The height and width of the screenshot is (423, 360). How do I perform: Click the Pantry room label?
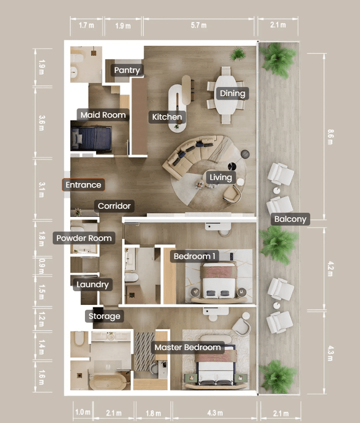[x=127, y=70]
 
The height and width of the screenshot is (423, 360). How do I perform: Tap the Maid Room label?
[x=103, y=115]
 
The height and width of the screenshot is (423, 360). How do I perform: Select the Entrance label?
[x=83, y=185]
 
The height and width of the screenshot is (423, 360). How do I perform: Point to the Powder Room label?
[x=84, y=238]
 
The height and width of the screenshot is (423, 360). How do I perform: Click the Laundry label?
[x=93, y=285]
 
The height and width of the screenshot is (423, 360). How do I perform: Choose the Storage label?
[x=105, y=316]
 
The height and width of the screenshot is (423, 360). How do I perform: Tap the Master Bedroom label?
[x=188, y=347]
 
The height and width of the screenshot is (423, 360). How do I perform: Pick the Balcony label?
[x=290, y=219]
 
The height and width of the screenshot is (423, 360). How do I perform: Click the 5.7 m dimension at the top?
[x=199, y=25]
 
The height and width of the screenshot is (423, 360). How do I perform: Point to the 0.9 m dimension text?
[x=41, y=266]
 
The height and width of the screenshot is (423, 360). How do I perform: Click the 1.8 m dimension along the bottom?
[x=153, y=413]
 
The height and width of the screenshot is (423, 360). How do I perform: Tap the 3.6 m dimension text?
[x=41, y=123]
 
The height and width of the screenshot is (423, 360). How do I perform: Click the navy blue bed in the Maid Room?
[x=91, y=138]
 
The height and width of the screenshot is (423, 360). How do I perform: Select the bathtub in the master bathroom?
[x=108, y=381]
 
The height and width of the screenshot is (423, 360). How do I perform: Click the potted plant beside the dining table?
[x=238, y=54]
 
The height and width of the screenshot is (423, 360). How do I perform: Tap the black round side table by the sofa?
[x=232, y=166]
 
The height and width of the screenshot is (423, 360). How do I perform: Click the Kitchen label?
[x=167, y=117]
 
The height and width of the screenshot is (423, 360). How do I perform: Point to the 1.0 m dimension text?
[x=83, y=412]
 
